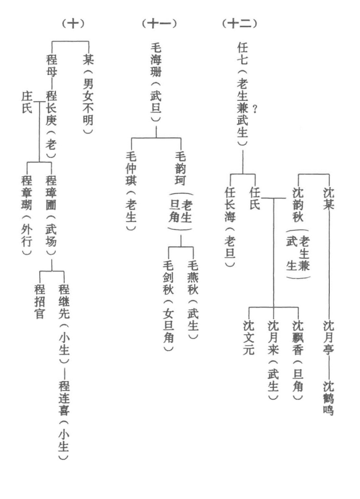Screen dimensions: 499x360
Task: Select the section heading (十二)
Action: click(x=238, y=24)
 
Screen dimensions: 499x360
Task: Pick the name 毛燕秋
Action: click(x=193, y=279)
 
